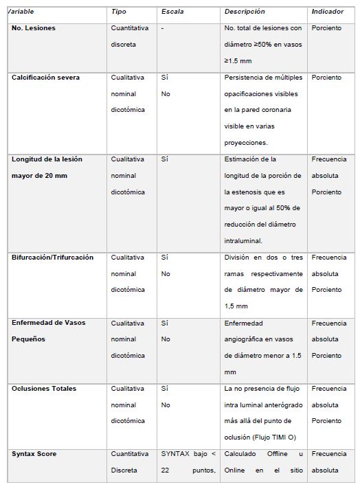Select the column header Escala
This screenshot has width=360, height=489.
click(x=172, y=12)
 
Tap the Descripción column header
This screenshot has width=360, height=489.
click(x=244, y=12)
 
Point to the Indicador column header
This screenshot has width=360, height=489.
click(x=328, y=12)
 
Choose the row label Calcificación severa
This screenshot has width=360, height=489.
click(x=45, y=78)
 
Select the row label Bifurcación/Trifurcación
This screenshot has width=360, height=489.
click(x=52, y=258)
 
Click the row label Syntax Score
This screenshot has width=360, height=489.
click(x=34, y=454)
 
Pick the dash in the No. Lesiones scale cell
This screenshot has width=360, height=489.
click(x=163, y=28)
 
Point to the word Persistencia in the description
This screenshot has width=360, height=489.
click(x=244, y=78)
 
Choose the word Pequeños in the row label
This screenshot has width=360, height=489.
click(x=28, y=339)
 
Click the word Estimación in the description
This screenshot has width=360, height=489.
click(x=243, y=159)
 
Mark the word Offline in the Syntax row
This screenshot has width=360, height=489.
click(x=271, y=454)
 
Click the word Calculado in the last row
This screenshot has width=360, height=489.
click(x=241, y=454)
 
